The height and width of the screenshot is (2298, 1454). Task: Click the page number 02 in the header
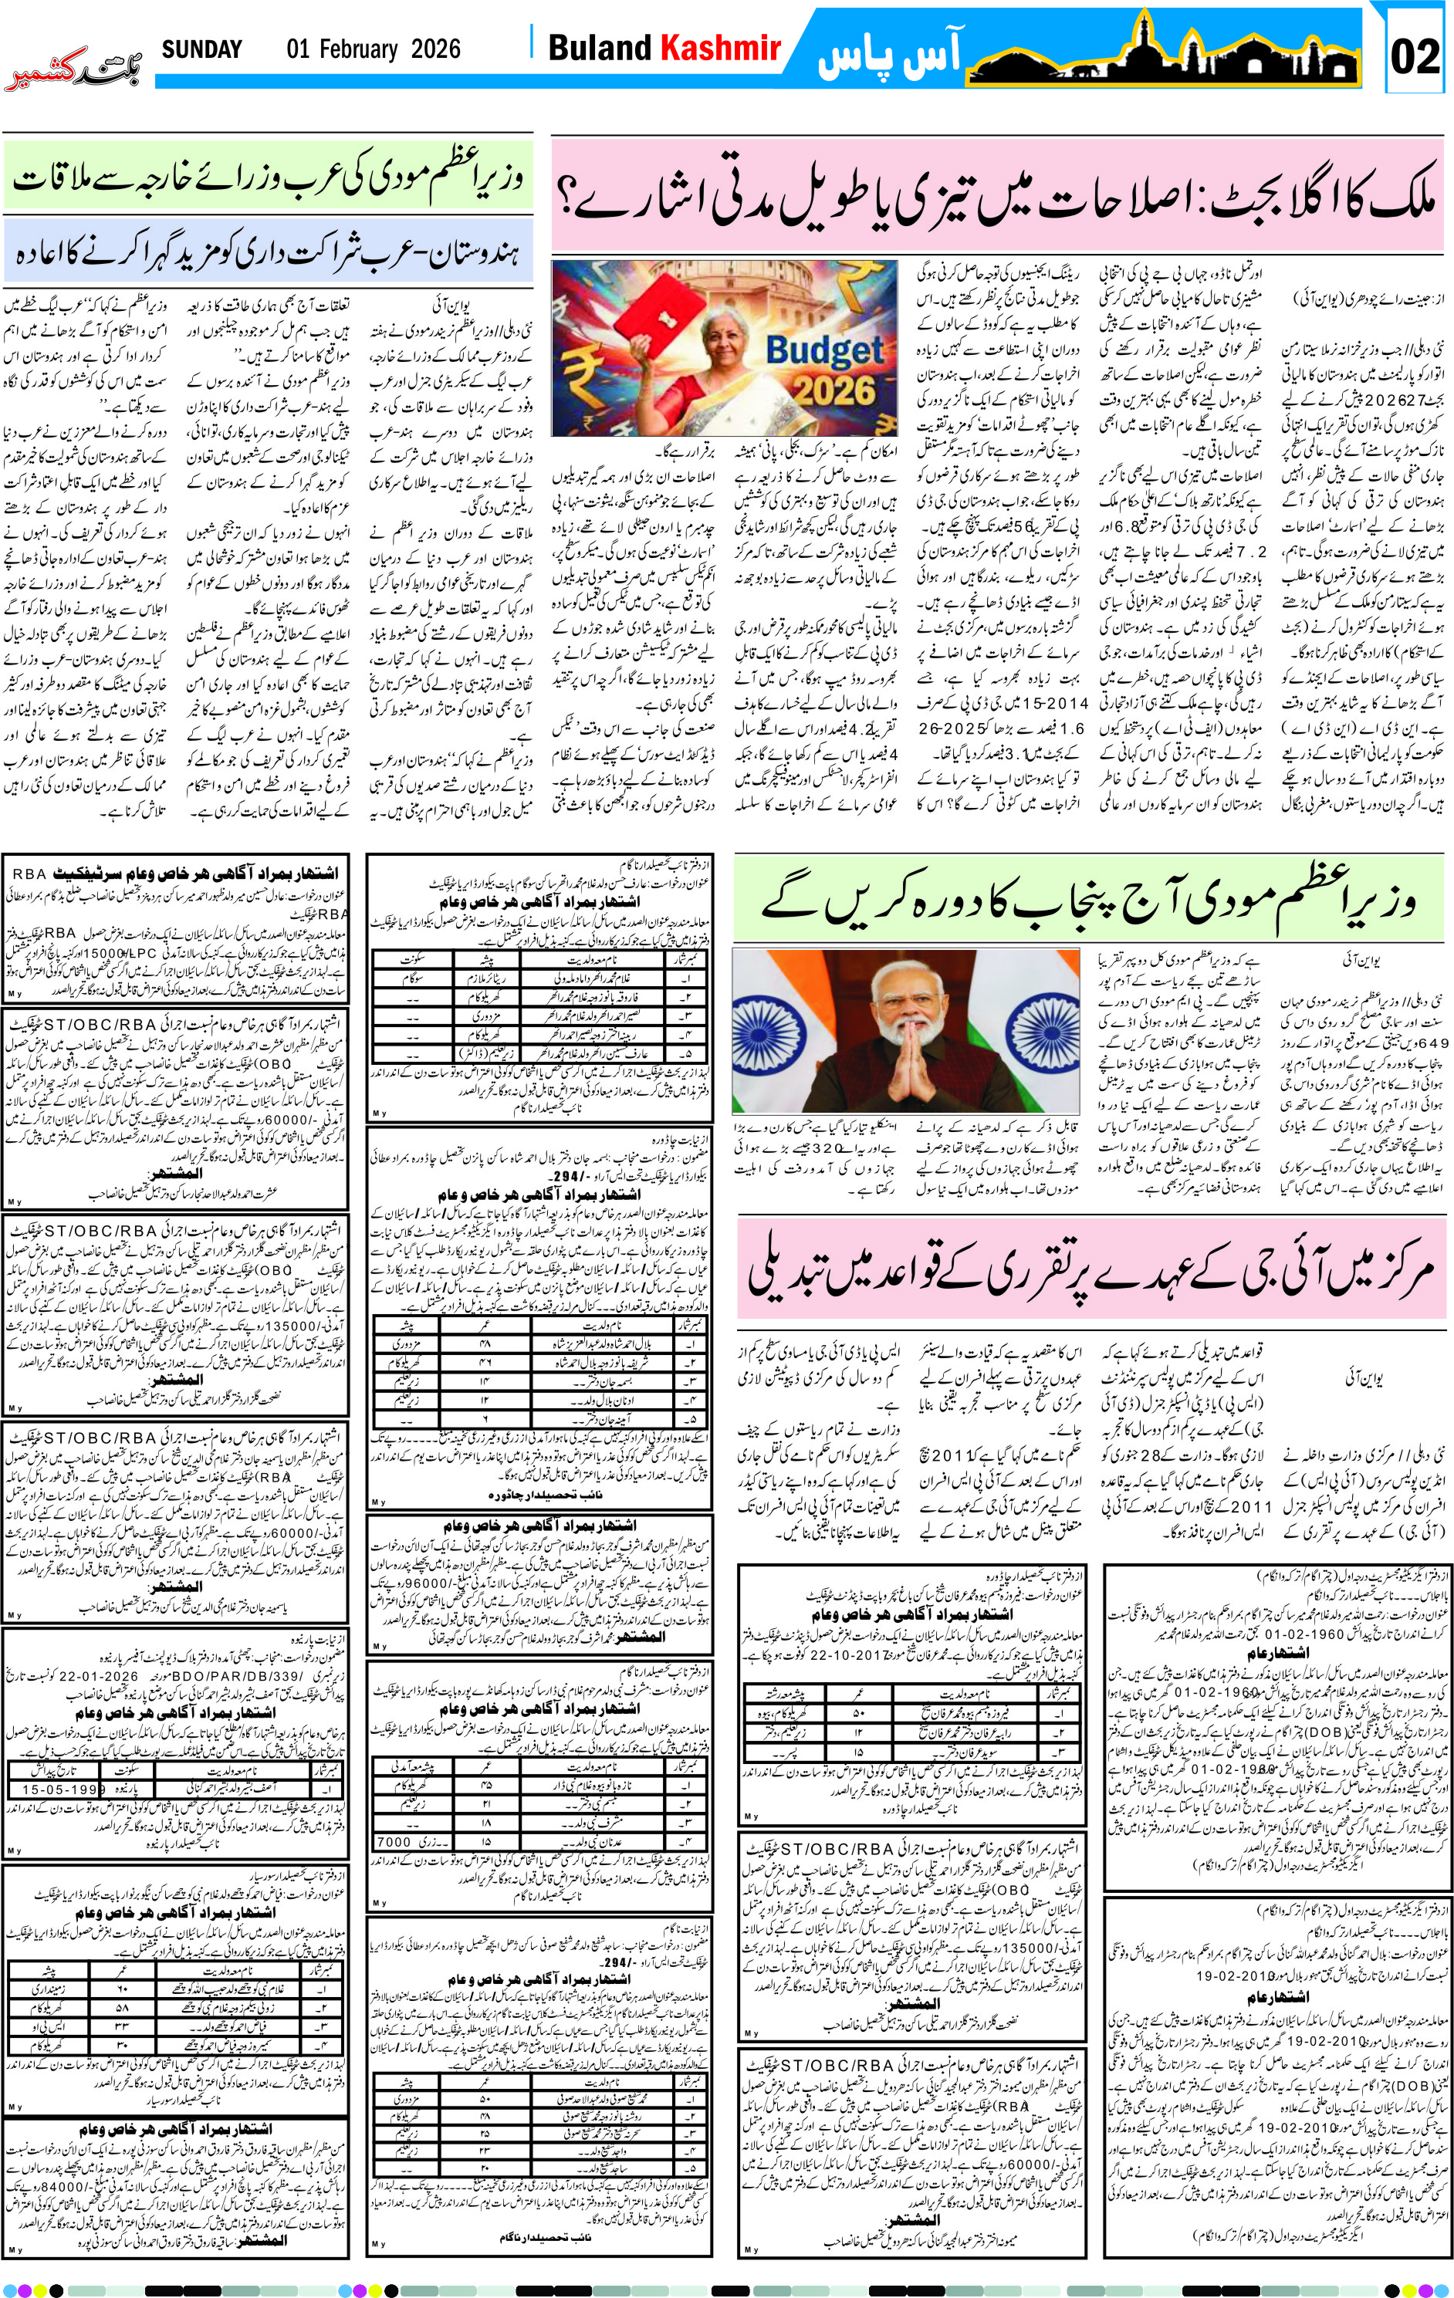tap(1414, 56)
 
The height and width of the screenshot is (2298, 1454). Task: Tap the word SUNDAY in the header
tap(201, 49)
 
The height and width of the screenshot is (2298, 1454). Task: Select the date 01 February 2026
tap(374, 49)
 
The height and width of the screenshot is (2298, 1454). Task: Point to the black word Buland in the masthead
tap(600, 48)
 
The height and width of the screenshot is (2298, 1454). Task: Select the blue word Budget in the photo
tap(824, 350)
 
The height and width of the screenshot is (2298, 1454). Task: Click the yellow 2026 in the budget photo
tap(834, 390)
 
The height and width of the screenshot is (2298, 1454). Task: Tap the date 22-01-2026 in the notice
tap(100, 1676)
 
